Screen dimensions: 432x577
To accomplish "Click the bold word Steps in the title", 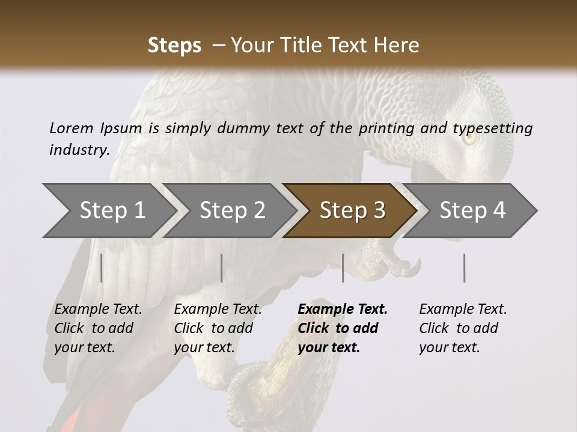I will pos(174,45).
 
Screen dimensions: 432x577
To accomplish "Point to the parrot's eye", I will pos(469,137).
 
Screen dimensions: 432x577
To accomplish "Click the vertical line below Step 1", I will pos(101,268).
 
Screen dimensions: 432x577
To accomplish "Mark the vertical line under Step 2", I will pos(222,268).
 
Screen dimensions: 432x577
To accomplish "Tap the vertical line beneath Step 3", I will pos(343,268).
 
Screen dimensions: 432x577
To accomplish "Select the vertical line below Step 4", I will pos(464,268).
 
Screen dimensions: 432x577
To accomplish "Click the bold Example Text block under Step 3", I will pos(343,328).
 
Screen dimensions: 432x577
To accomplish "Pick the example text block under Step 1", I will pos(98,328).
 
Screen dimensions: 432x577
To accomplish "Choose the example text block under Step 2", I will pos(218,328).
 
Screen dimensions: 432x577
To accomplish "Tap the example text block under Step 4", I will pos(463,328).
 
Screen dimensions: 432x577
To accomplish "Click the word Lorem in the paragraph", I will pos(72,128).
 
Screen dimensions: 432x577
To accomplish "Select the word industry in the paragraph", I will pos(78,149).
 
